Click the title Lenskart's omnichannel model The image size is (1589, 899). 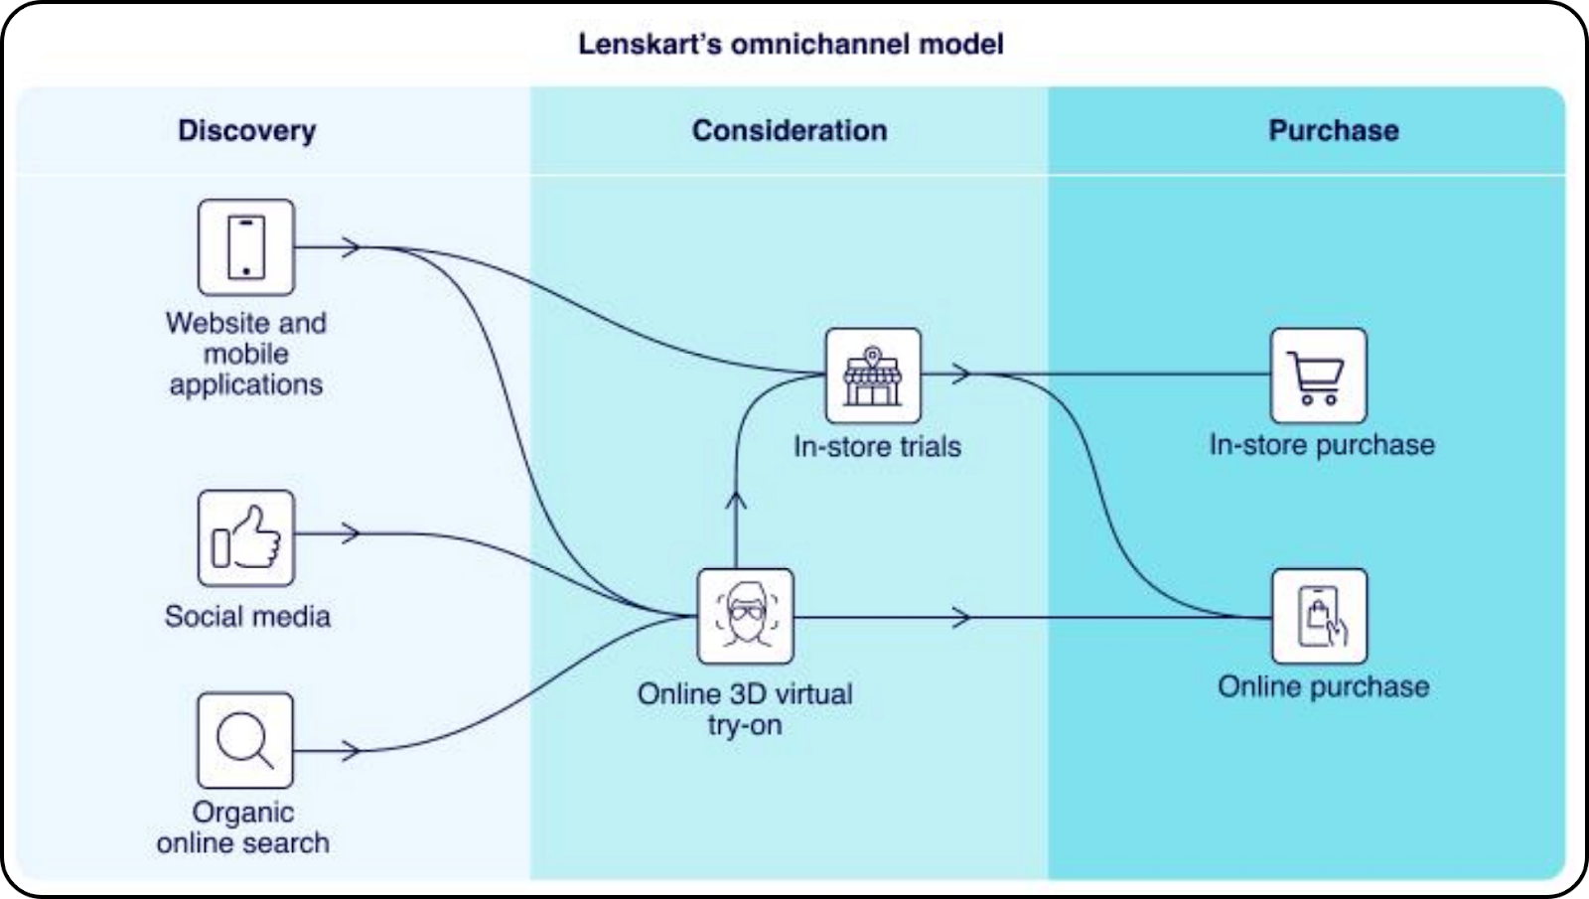791,44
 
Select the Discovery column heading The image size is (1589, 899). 246,130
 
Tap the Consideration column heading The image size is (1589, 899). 790,130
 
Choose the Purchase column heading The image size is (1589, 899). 1333,130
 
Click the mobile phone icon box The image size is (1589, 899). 246,247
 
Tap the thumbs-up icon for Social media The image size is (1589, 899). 246,537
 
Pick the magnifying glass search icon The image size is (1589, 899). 245,740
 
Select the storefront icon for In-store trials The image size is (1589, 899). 873,375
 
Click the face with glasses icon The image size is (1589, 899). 745,616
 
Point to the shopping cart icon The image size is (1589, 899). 1318,375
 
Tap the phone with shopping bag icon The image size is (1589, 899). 1319,616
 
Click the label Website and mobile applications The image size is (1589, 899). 246,354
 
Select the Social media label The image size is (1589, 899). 247,616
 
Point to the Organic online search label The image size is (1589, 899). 243,827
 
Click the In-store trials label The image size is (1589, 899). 877,447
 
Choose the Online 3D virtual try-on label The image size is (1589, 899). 745,709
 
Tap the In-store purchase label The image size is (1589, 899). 1322,445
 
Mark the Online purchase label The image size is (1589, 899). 1323,686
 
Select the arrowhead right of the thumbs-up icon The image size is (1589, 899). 350,533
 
